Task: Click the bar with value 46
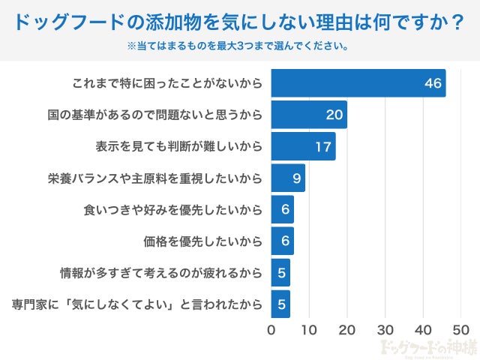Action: click(358, 83)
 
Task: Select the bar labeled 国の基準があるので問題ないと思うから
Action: click(309, 115)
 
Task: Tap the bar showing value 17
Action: click(303, 146)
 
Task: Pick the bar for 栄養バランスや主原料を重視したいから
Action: click(288, 178)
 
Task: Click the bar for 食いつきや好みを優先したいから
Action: click(282, 210)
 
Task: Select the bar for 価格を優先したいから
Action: click(282, 241)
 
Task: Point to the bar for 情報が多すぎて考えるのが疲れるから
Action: click(280, 273)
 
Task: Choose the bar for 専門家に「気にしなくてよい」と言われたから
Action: click(280, 304)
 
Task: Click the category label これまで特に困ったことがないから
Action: click(168, 83)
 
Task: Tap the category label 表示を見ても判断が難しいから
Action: click(179, 146)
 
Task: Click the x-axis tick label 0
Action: click(271, 329)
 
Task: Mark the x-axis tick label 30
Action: click(385, 329)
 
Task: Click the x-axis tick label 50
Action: click(460, 329)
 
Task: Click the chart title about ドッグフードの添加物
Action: click(240, 22)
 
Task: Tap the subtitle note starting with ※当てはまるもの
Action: click(240, 46)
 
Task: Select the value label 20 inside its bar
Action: click(334, 115)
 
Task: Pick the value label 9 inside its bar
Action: click(296, 178)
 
